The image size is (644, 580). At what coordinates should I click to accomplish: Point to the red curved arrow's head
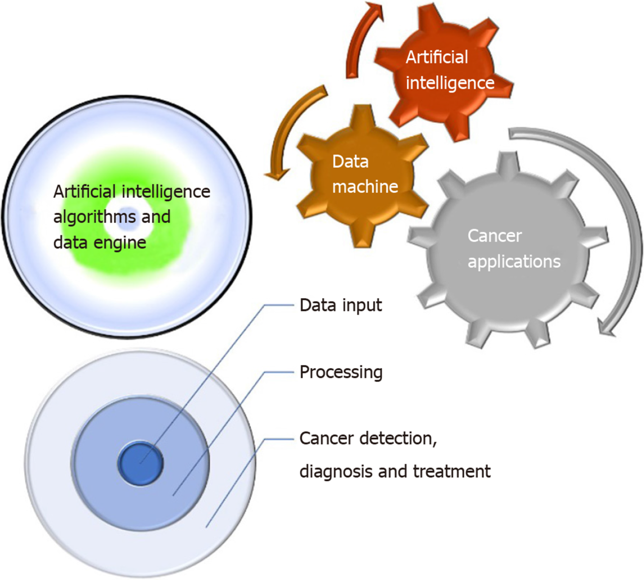[x=374, y=10]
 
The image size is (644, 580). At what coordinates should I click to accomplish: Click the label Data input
[x=341, y=305]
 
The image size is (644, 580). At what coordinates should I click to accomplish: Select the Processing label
[x=341, y=372]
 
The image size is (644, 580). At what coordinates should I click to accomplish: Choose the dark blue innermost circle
[x=140, y=463]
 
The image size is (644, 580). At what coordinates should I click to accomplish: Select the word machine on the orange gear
[x=365, y=187]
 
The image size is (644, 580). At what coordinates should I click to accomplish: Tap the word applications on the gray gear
[x=514, y=262]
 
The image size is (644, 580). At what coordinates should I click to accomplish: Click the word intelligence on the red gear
[x=450, y=83]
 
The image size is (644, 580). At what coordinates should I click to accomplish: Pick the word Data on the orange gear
[x=350, y=161]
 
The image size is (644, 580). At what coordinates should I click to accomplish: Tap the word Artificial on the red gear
[x=437, y=57]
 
